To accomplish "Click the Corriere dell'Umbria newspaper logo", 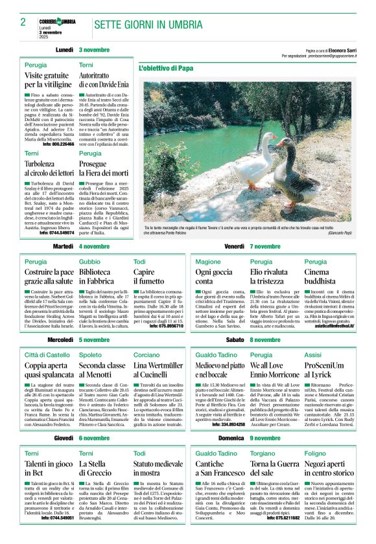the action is pos(57,21).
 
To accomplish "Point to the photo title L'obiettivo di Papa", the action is pos(166,67).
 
